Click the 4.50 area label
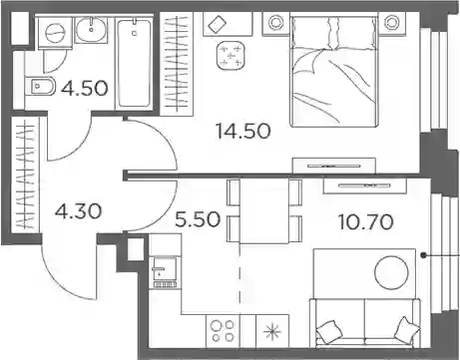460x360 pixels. point(85,88)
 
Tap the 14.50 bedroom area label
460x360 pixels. point(243,131)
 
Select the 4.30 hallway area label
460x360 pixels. point(78,211)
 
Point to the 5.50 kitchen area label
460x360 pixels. point(198,219)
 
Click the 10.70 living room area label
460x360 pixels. point(366,222)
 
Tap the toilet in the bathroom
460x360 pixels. point(41,87)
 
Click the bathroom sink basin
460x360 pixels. point(92,29)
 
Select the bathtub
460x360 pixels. point(134,64)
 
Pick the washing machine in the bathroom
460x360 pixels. point(55,33)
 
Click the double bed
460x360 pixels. point(334,71)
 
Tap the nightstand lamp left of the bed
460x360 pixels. point(275,23)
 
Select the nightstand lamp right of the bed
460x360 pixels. point(392,23)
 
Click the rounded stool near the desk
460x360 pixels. point(230,56)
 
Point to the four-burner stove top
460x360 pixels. point(223,331)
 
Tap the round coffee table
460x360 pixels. point(391,273)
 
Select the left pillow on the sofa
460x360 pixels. point(329,331)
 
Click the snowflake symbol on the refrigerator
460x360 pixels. point(272,332)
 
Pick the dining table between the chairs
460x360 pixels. point(264,210)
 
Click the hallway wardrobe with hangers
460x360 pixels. point(26,175)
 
